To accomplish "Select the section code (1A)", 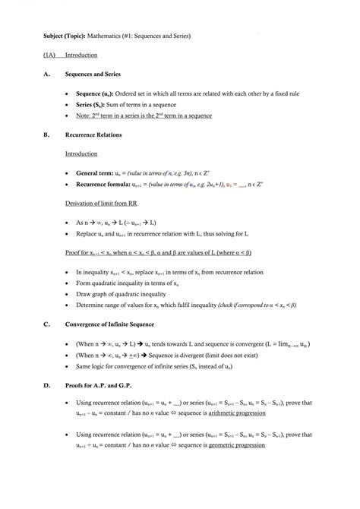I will pyautogui.click(x=49, y=55).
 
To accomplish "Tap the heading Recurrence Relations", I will pyautogui.click(x=93, y=134).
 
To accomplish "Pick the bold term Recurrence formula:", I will pyautogui.click(x=106, y=184).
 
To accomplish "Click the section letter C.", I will pyautogui.click(x=46, y=324).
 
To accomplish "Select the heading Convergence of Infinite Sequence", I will pyautogui.click(x=122, y=324).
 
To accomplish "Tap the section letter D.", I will pyautogui.click(x=46, y=385).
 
